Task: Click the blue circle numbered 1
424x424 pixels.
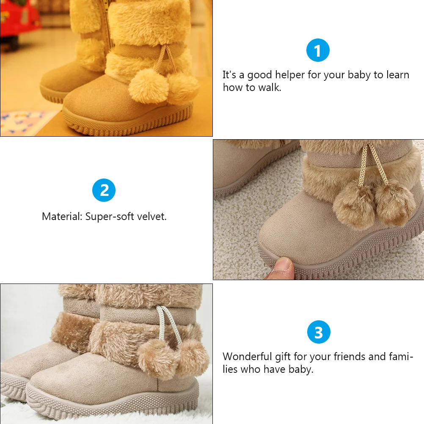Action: click(318, 51)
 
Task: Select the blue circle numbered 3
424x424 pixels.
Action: click(318, 332)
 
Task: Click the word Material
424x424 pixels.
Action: click(62, 217)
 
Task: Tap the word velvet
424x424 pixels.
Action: click(153, 217)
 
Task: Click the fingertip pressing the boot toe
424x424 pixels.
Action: click(282, 267)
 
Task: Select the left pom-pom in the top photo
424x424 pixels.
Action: click(148, 85)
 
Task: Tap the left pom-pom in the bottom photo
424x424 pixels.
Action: click(157, 358)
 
